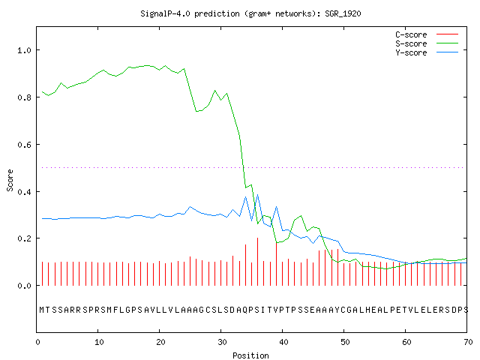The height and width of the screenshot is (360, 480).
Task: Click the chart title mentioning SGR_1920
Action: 250,13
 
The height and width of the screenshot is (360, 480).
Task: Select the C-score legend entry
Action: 427,34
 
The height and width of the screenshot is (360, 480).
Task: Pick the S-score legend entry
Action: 427,43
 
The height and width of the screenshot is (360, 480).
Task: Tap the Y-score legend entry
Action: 427,52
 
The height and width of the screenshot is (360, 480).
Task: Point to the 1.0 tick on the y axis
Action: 24,50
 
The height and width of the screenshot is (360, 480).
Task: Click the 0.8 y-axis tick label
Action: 24,97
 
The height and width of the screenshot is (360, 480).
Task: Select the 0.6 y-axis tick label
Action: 24,145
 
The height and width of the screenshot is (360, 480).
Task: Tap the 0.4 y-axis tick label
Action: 24,192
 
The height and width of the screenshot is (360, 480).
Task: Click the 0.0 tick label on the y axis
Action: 24,286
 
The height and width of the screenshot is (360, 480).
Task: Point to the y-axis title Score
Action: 10,180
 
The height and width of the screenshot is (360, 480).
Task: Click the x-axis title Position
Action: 250,355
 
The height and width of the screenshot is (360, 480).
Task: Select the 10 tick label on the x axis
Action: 99,342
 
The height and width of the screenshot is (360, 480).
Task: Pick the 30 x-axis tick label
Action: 222,342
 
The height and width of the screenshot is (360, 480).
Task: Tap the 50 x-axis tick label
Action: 345,342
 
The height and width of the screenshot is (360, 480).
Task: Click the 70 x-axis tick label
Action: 468,342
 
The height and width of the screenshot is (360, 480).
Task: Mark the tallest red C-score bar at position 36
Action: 258,262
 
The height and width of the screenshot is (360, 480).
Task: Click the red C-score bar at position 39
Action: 276,264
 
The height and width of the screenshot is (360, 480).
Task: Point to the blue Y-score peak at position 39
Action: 277,207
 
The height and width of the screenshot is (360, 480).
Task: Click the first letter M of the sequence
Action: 42,310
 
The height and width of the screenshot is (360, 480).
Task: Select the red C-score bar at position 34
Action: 245,265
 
